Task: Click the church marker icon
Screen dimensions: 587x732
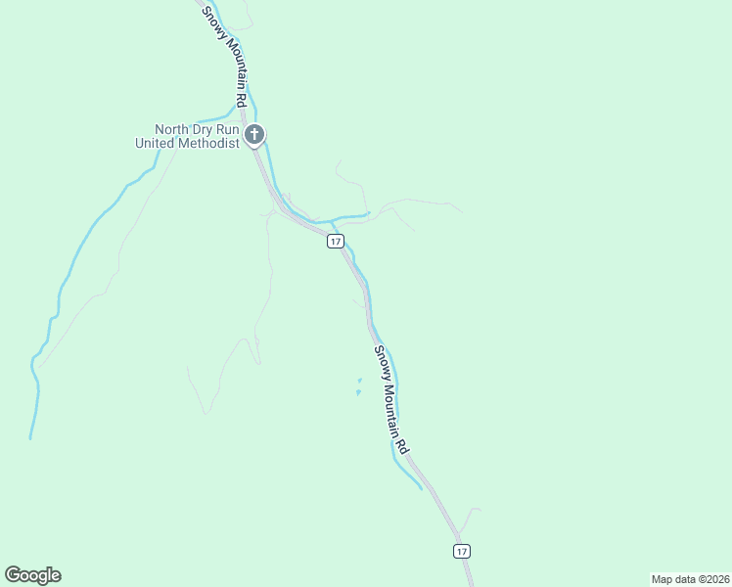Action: tap(254, 135)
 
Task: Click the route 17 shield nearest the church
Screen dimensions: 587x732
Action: tap(335, 241)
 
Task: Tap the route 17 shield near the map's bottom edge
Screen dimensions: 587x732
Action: tap(462, 551)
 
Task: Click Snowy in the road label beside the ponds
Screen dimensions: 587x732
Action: tap(380, 361)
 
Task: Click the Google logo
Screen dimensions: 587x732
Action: tap(32, 575)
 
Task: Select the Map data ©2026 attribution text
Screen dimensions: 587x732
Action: tap(690, 578)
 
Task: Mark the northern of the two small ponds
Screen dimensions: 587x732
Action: tap(360, 380)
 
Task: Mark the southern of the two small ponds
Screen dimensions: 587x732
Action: tap(358, 393)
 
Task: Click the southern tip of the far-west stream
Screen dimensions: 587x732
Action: tap(30, 437)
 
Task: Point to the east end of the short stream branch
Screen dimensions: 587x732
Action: tap(368, 213)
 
